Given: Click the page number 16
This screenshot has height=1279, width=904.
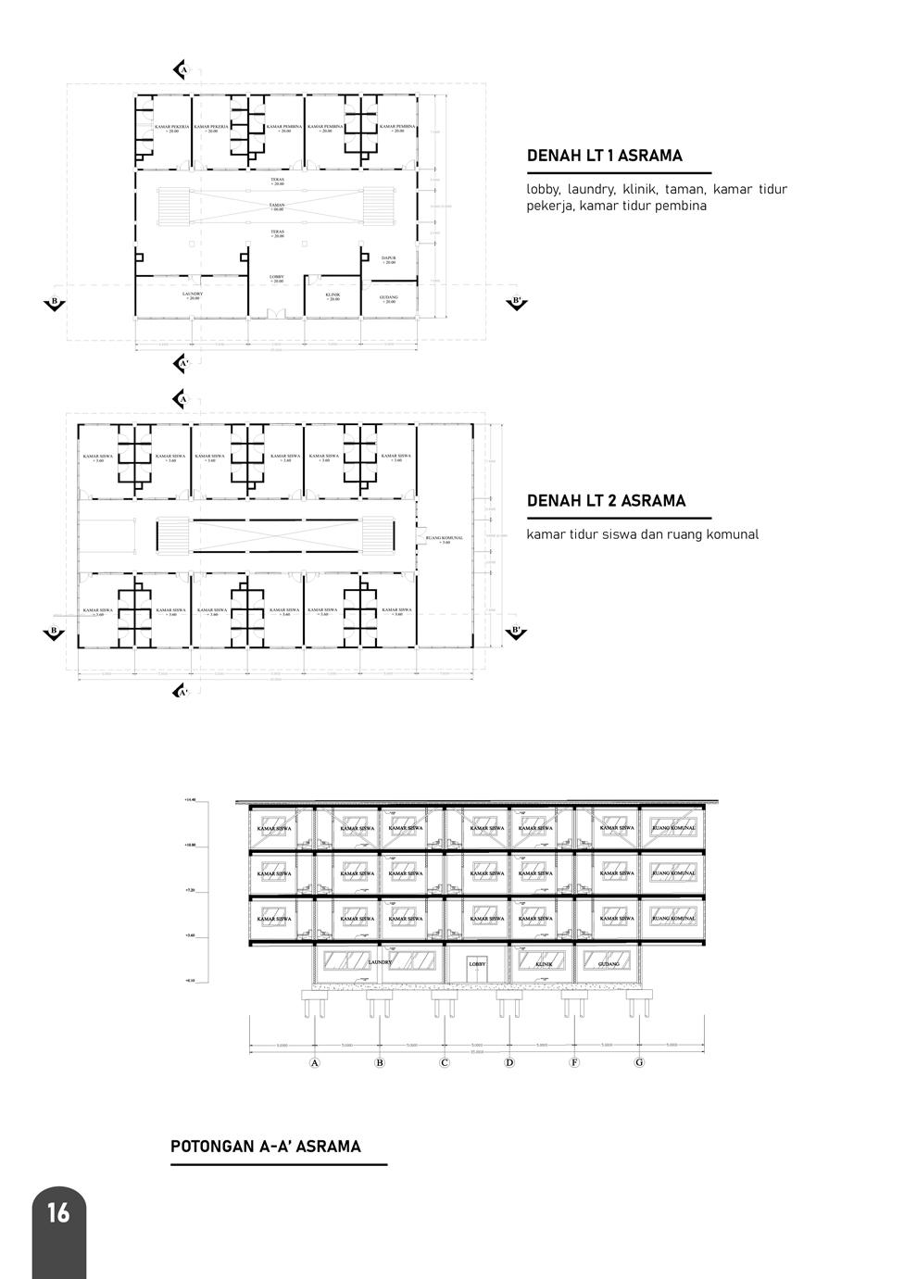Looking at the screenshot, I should pyautogui.click(x=57, y=1212).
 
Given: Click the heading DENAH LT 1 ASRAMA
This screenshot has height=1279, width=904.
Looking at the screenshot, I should pyautogui.click(x=604, y=156).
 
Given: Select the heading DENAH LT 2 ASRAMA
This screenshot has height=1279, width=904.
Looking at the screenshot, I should pyautogui.click(x=606, y=501).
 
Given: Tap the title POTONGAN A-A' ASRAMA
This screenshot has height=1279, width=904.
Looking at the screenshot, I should pyautogui.click(x=266, y=1147).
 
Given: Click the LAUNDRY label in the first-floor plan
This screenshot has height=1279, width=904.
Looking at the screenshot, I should pyautogui.click(x=193, y=294).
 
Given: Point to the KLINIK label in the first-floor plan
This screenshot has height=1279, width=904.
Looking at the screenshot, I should pyautogui.click(x=333, y=295).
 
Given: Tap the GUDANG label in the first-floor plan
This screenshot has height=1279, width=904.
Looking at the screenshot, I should pyautogui.click(x=388, y=298).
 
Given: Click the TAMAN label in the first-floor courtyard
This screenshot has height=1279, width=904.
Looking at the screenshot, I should pyautogui.click(x=277, y=205).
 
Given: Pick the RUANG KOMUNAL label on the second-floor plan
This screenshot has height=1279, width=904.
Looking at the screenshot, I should pyautogui.click(x=445, y=538).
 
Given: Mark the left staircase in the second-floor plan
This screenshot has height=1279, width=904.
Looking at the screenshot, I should pyautogui.click(x=173, y=536).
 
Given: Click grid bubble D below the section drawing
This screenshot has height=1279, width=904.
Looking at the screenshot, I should pyautogui.click(x=509, y=1062).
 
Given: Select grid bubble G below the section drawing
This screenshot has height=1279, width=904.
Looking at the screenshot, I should pyautogui.click(x=639, y=1062).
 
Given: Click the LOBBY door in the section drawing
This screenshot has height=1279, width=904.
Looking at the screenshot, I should pyautogui.click(x=477, y=967).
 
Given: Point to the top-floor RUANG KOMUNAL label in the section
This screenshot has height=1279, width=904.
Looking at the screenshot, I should pyautogui.click(x=673, y=828).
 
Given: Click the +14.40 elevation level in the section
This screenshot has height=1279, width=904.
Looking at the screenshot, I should pyautogui.click(x=190, y=799).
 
